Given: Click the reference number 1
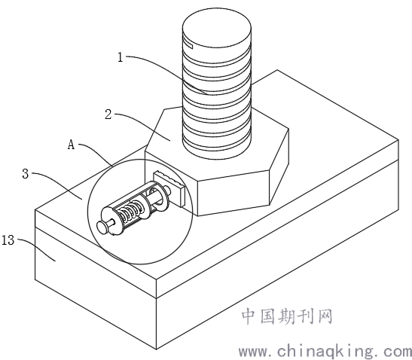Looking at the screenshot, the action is pos(121,57).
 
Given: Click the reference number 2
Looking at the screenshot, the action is pos(108,114).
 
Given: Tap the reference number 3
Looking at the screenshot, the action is pos(25,174).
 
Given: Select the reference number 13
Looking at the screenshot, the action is pos(8,240).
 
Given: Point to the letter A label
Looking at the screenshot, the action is pos(72,145).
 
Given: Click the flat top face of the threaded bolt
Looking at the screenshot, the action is pos(217,29).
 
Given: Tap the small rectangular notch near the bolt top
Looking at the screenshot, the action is pos(188,44).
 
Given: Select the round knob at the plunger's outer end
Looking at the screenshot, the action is pos(102,227).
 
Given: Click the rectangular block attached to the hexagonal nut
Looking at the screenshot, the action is pos(169,188).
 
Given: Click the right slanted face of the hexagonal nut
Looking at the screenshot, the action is pos(279,166).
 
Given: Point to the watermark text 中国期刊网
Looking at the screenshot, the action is pos(287,316).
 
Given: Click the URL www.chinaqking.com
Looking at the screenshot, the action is pos(325,351).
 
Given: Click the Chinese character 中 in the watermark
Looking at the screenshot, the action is pos(249,316).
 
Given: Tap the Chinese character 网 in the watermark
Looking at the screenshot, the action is pos(325,316).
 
